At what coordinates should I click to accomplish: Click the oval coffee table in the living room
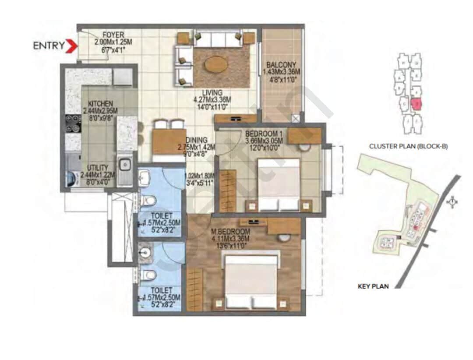click(215, 65)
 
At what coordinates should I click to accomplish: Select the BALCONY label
click(280, 65)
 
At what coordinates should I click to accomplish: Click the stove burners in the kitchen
click(72, 124)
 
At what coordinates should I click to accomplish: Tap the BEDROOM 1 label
click(264, 133)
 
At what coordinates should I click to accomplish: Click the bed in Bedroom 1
click(278, 184)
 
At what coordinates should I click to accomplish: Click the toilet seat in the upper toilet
click(149, 201)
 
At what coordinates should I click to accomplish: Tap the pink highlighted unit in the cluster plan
click(417, 104)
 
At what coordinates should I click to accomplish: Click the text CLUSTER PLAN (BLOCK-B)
click(408, 146)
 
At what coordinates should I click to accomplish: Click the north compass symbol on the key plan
click(452, 202)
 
